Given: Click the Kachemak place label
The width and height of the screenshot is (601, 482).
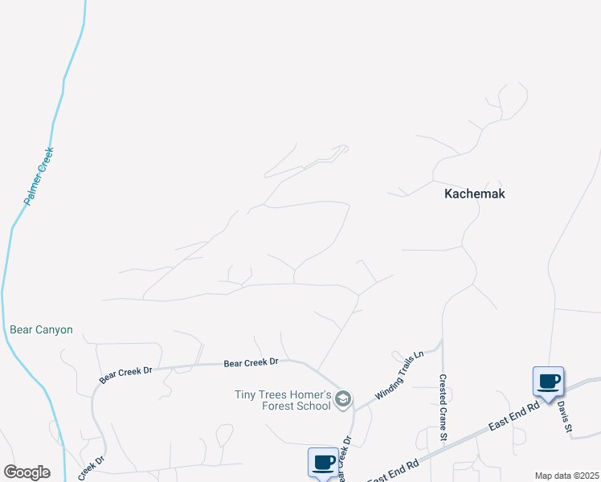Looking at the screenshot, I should click(475, 194).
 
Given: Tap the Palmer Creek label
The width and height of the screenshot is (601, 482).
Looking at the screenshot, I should click(39, 175).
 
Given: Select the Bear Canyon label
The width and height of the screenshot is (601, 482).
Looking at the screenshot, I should click(41, 329).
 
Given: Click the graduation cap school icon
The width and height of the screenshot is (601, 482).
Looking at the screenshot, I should click(343, 399).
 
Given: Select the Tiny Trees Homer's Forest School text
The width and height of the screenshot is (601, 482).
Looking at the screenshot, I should click(282, 400).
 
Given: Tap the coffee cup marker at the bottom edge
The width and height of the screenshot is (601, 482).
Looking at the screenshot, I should click(323, 462).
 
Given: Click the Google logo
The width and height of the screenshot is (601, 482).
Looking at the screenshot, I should click(27, 472).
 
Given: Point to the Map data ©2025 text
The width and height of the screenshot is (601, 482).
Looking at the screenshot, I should click(566, 476).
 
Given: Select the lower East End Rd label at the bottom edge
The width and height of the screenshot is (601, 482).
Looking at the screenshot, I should click(394, 472).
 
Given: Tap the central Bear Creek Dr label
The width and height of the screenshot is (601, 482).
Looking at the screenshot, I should click(251, 363).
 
